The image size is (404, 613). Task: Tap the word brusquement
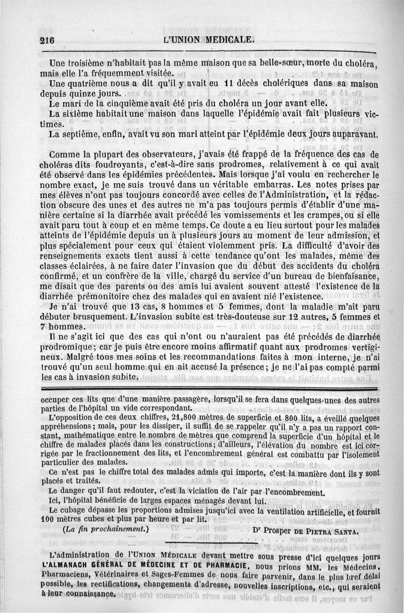point(99,319)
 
